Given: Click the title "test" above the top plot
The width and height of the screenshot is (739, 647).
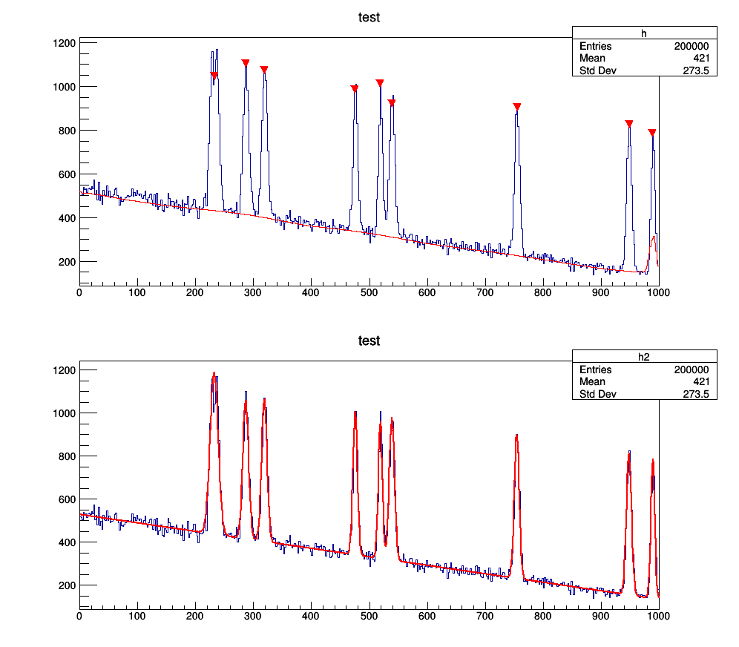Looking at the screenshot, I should tap(369, 17).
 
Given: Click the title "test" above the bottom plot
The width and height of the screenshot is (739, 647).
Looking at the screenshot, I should tap(369, 341).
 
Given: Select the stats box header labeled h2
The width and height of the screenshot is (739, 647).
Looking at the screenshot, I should tap(644, 356).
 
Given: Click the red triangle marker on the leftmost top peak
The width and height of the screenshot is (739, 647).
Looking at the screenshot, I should tap(214, 76).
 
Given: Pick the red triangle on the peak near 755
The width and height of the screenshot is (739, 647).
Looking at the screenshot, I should tap(517, 107).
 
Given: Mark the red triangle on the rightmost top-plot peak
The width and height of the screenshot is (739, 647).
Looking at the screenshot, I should tap(652, 133).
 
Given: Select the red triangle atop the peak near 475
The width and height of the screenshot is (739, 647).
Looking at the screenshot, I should tap(355, 89).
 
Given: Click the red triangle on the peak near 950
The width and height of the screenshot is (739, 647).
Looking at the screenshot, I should tap(629, 124).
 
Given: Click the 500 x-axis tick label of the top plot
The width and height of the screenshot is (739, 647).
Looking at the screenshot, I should tap(369, 292).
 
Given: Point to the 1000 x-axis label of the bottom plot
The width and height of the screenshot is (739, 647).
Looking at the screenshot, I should tap(658, 615).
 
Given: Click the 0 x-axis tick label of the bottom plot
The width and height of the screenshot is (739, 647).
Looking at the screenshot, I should tap(79, 615).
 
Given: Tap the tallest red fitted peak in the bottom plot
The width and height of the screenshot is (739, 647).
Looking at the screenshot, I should tap(214, 373).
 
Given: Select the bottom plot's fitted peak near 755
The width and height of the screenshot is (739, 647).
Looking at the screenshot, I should tap(516, 436).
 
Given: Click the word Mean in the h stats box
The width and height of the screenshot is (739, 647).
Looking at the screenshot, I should tap(592, 59).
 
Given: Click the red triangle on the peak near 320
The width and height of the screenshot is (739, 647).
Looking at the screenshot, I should tap(264, 70).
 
